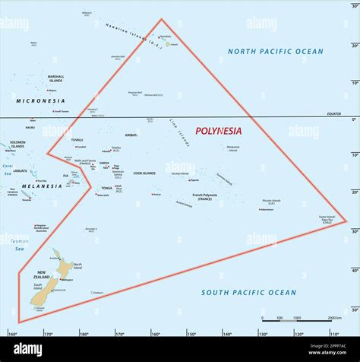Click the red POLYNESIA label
click(218, 131)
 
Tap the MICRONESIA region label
click(40, 100)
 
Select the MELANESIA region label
click(42, 186)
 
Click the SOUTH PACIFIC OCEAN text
click(248, 292)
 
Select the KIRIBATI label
click(131, 135)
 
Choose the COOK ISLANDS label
click(144, 173)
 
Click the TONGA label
click(107, 188)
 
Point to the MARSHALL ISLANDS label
click(56, 78)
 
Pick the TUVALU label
click(77, 140)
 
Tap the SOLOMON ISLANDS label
click(17, 144)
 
